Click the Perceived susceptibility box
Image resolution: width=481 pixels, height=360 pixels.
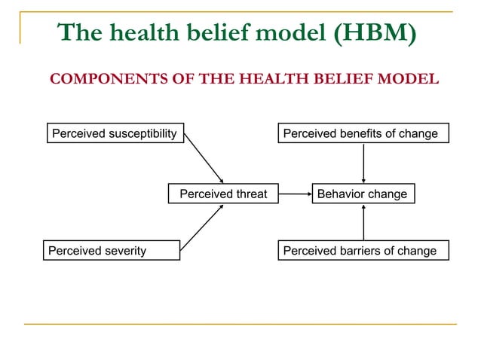point(114,133)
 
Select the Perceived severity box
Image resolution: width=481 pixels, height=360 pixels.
point(111,250)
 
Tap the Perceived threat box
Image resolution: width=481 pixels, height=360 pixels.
point(223,194)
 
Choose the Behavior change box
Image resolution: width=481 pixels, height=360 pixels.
point(362,194)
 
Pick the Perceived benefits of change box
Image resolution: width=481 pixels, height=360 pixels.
point(363,133)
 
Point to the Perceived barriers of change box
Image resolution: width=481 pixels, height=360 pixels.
point(363,250)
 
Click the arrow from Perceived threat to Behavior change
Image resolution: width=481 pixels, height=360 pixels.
point(295,194)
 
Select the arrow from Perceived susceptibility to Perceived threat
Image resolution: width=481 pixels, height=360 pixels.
point(204,158)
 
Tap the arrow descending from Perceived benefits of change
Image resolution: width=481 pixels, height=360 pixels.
point(364,163)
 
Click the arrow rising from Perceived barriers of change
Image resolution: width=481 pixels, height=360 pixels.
point(364,222)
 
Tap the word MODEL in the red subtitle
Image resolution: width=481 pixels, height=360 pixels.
point(411,79)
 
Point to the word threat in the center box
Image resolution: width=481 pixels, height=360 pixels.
point(248,194)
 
